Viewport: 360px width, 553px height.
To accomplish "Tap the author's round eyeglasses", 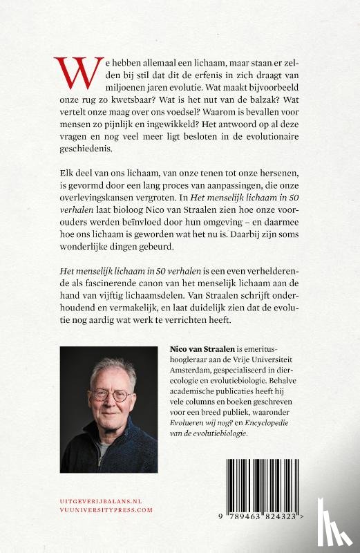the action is click(x=111, y=397).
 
